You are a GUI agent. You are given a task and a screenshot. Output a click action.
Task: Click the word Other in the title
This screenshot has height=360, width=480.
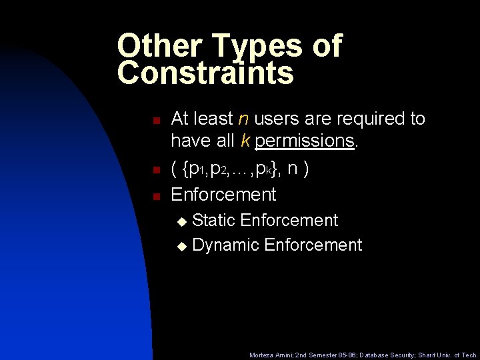coord(159,46)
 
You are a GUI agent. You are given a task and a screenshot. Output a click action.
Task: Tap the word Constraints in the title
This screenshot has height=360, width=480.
coord(205,73)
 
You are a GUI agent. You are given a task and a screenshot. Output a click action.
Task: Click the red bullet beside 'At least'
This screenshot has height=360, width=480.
coord(155,121)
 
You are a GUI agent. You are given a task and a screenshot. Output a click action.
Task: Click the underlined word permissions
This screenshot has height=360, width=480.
coord(304,141)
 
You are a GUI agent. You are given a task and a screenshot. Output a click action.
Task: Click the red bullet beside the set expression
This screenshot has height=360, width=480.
coord(155,171)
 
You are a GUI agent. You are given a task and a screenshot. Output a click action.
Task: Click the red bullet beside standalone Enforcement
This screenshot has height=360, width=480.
coord(155,197)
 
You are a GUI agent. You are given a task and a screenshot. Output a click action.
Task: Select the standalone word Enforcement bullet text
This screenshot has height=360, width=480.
coord(223,195)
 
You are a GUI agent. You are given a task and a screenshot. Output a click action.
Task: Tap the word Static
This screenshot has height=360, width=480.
coord(213,220)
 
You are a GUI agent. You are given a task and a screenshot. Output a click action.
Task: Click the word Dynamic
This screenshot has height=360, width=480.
coord(225,245)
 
